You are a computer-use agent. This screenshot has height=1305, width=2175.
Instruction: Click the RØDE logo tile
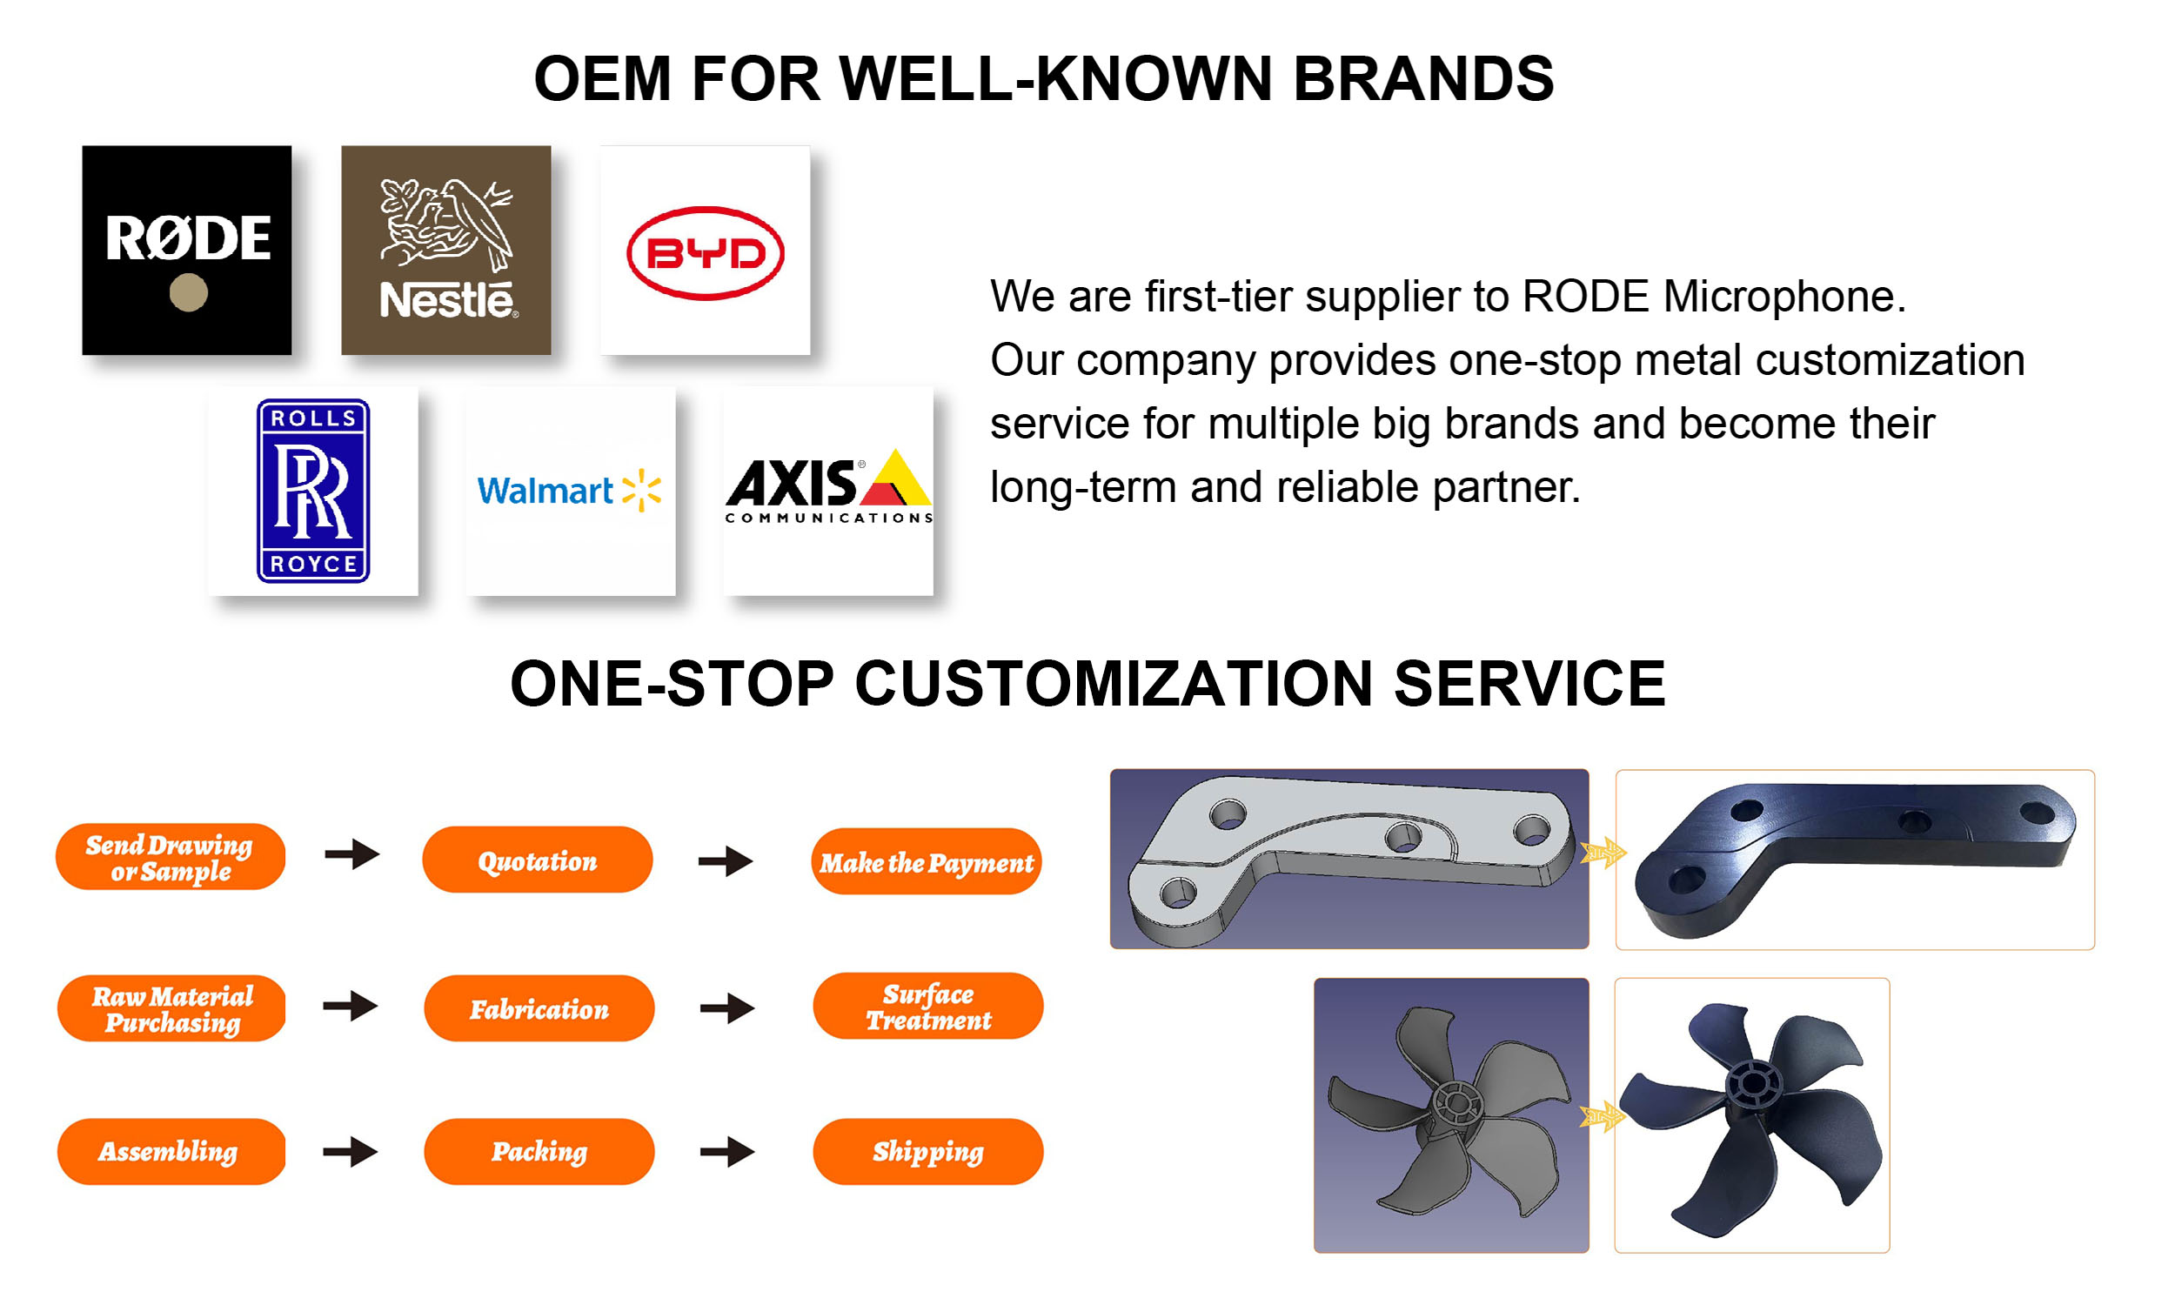click(186, 250)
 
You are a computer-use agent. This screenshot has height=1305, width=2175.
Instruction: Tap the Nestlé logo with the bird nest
click(445, 250)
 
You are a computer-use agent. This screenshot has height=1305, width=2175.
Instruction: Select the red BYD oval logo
click(704, 253)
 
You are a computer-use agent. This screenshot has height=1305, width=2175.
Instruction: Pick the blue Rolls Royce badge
click(313, 491)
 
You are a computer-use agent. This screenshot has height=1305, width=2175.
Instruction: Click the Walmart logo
click(569, 490)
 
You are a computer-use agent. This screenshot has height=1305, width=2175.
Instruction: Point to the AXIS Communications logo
click(827, 489)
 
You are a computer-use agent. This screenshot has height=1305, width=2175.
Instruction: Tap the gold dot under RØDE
click(188, 292)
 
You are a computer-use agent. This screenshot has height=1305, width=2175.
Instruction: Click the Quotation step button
click(537, 860)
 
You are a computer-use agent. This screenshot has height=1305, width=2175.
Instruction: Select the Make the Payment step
click(926, 862)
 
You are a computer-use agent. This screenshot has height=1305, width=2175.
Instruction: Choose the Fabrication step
click(538, 1007)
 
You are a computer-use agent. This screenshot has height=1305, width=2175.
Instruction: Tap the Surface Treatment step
click(927, 1006)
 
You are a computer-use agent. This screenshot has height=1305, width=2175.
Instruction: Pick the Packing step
click(538, 1151)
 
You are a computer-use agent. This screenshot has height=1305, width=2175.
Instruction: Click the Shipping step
click(927, 1151)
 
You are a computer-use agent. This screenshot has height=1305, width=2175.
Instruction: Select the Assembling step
click(171, 1151)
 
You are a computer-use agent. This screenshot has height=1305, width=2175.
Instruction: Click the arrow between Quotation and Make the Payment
click(726, 860)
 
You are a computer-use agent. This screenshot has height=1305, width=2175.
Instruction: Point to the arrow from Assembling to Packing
click(350, 1151)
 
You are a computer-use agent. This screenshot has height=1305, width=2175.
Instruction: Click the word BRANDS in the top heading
click(1422, 79)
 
